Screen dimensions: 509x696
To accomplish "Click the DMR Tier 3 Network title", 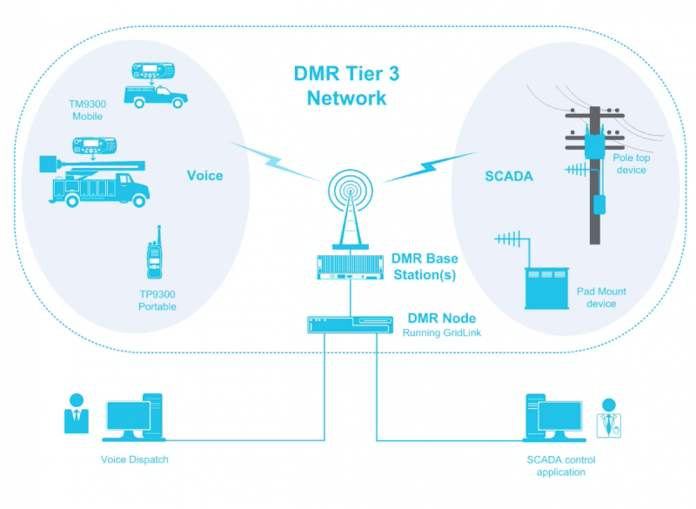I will pos(346,85).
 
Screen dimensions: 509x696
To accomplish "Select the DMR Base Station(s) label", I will pos(425,267).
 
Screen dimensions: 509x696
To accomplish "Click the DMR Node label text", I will pos(442,318).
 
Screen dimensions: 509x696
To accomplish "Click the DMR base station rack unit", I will pos(350,267).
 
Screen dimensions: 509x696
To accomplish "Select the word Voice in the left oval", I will pos(205,176).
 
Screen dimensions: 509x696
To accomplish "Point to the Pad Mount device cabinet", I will pos(545,288).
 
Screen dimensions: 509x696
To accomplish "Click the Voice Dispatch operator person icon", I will pos(77,414).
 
